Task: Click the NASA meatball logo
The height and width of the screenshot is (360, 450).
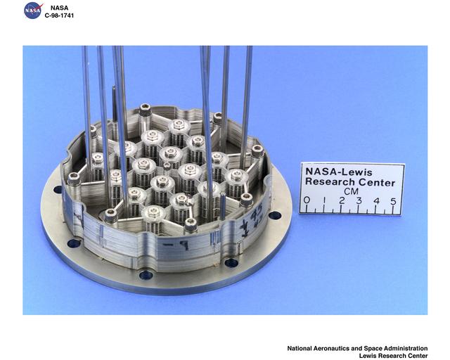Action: click(x=33, y=11)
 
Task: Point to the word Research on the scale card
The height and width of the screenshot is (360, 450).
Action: click(x=330, y=182)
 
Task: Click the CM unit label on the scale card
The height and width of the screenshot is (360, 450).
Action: click(x=349, y=191)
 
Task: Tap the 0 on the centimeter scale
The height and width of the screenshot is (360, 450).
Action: click(x=307, y=200)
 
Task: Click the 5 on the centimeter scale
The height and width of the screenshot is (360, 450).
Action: click(x=392, y=200)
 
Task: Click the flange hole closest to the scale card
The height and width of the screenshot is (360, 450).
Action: click(x=275, y=215)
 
